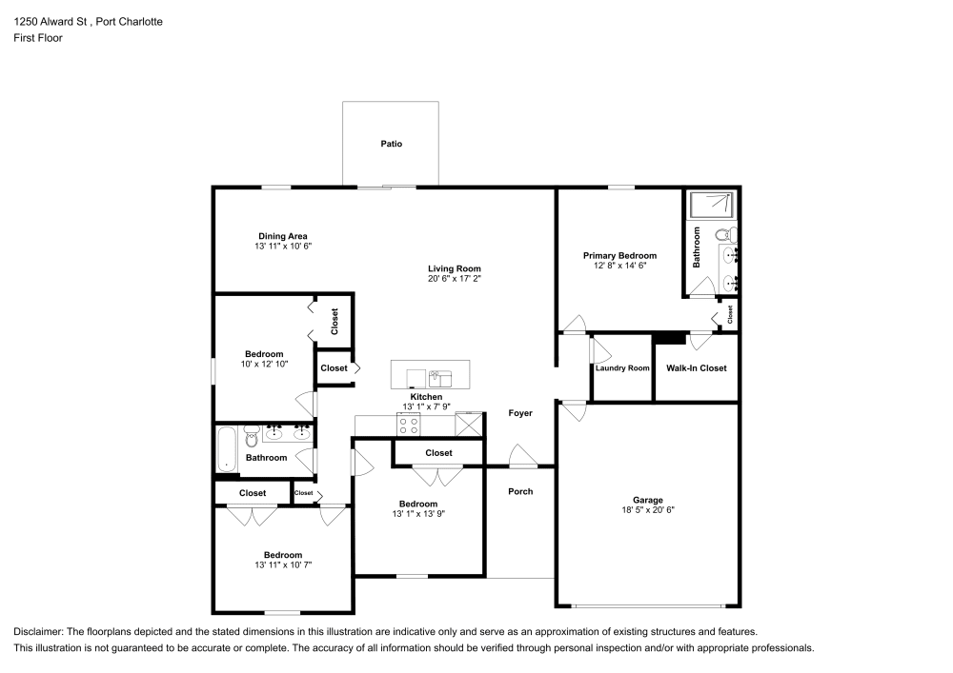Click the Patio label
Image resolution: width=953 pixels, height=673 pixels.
pos(392,145)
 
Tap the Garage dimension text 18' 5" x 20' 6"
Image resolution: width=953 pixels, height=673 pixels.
pos(647,510)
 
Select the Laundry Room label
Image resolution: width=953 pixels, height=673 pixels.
pos(622,368)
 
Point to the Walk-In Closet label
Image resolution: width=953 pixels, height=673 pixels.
pos(696,368)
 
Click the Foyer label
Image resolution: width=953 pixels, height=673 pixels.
pos(519,413)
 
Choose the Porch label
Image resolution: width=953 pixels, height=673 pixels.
pos(520,491)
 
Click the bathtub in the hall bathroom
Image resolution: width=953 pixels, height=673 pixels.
pos(227,449)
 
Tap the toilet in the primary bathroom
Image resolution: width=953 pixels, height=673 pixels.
pos(722,233)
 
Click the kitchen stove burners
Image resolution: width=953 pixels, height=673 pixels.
pos(409,424)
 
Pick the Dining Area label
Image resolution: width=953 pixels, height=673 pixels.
pos(283,236)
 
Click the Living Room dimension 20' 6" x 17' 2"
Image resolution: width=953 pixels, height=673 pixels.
pos(454,279)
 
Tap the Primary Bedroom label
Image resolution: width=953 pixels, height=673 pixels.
pos(620,255)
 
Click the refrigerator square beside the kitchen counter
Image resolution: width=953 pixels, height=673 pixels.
pos(469,424)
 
